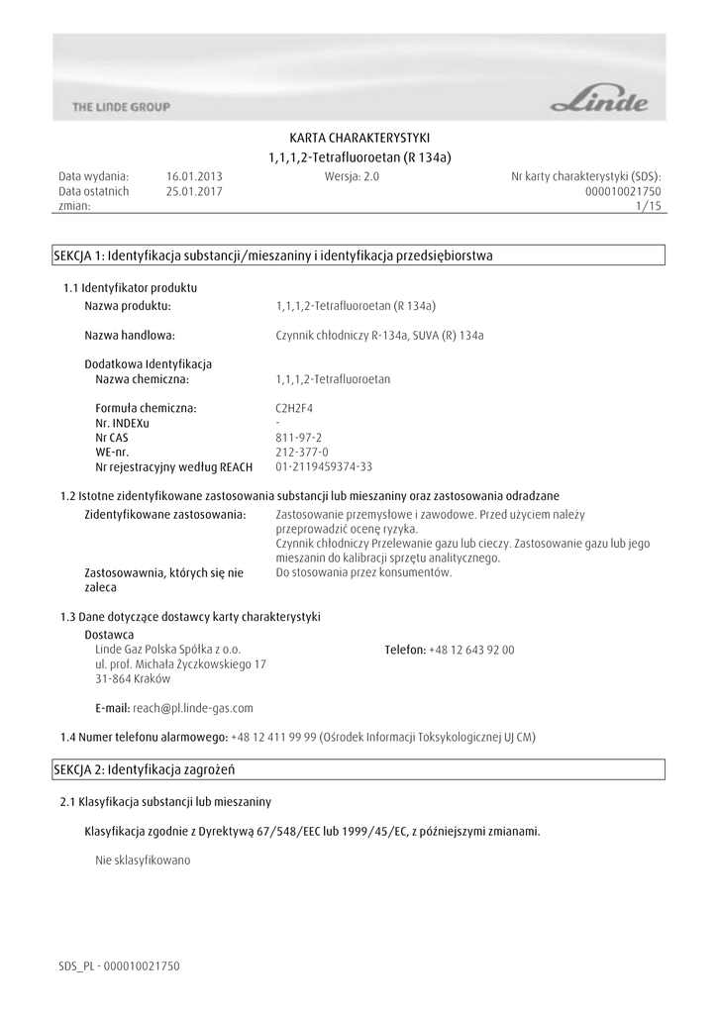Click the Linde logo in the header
click(600, 100)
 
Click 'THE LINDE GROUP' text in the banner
click(121, 107)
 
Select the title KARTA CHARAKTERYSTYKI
click(359, 138)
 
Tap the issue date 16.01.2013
click(194, 176)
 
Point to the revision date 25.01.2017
click(194, 191)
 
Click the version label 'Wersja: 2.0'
click(352, 176)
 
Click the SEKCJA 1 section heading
click(272, 255)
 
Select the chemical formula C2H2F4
click(295, 407)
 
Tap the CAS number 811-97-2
click(298, 437)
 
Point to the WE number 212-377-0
click(301, 452)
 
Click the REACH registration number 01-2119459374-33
click(324, 466)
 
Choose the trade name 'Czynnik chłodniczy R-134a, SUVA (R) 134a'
click(379, 335)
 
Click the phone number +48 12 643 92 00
click(471, 650)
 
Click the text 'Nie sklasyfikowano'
click(142, 861)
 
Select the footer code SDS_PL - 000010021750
click(119, 965)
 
